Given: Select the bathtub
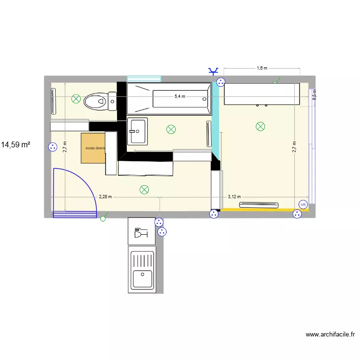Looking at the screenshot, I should [169, 99].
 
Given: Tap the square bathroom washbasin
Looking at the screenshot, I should [137, 131].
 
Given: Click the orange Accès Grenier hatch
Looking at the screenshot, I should [93, 148].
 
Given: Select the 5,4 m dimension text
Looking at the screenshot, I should [180, 96].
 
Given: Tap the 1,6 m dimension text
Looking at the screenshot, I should [262, 68].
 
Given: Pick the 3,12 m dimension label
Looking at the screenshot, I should [234, 197].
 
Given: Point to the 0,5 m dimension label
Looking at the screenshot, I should [314, 95].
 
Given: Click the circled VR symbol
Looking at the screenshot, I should [303, 204].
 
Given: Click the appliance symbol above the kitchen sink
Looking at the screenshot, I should [142, 231].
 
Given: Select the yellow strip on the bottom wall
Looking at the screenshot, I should [259, 209].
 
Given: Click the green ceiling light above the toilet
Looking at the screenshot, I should [76, 99].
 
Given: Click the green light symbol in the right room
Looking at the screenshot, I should [260, 127].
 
